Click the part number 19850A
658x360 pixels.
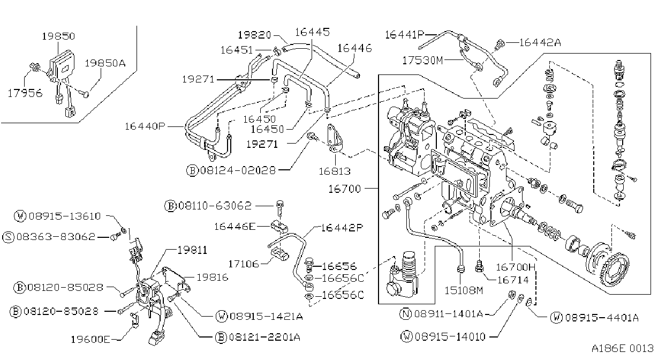point(105,63)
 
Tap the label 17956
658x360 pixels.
point(25,93)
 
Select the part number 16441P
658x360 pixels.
point(405,35)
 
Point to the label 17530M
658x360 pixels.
point(422,61)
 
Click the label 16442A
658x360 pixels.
point(540,43)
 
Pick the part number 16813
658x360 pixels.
point(335,171)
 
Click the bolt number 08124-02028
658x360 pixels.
point(238,170)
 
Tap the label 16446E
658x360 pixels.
point(235,227)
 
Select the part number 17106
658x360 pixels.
point(244,264)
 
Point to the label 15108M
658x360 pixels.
point(464,291)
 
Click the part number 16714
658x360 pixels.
point(512,280)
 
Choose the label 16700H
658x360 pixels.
point(516,267)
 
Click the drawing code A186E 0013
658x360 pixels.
point(623,348)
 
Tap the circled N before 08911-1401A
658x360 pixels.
point(406,314)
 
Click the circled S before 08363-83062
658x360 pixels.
point(8,237)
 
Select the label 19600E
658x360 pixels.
point(90,340)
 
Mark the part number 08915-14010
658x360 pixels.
point(450,336)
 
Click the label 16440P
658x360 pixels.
point(145,126)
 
